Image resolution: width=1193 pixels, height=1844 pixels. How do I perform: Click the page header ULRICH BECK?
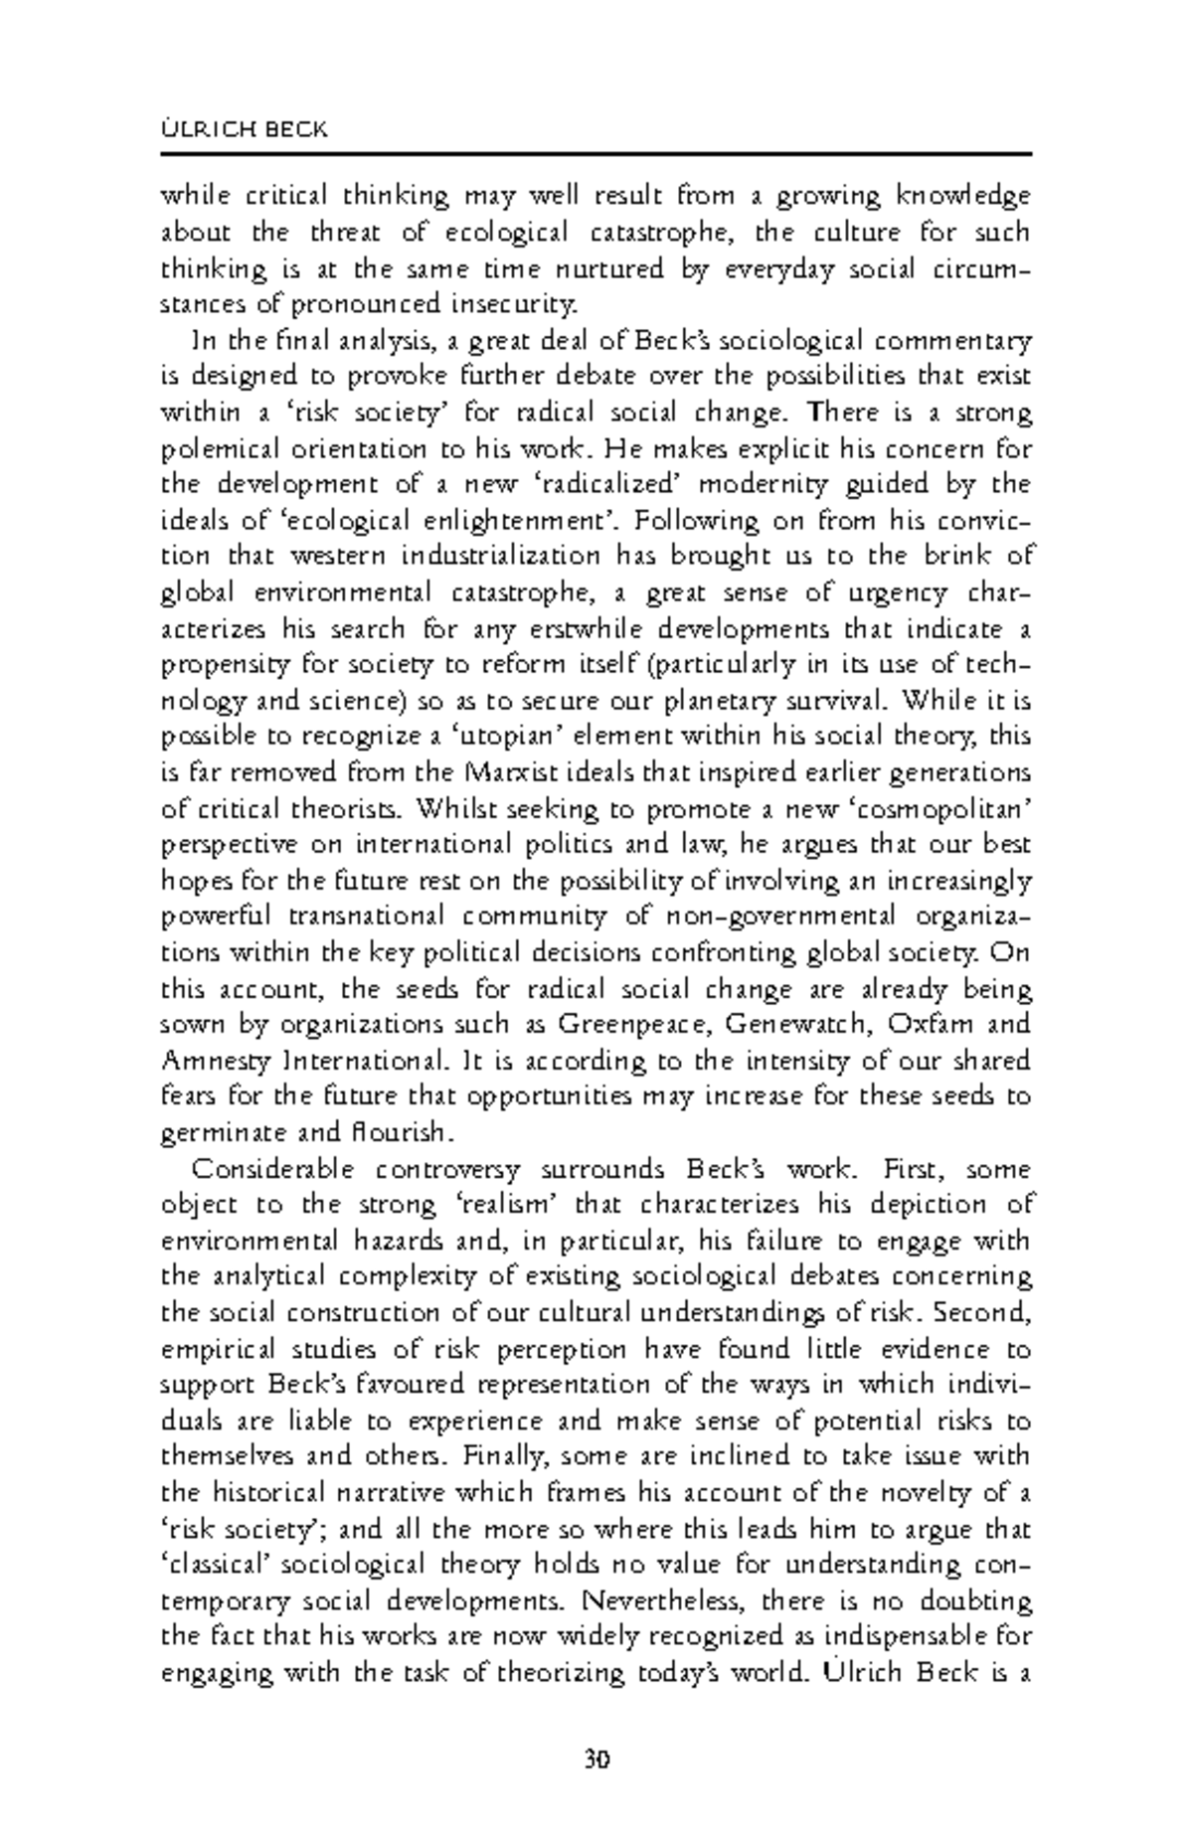[x=244, y=130]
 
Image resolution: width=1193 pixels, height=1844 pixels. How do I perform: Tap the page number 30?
[x=596, y=1760]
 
